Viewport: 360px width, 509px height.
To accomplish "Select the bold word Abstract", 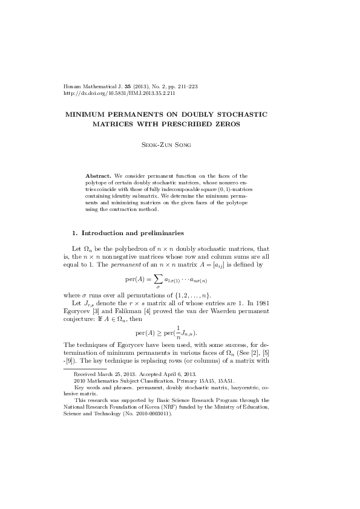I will click(98, 175).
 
